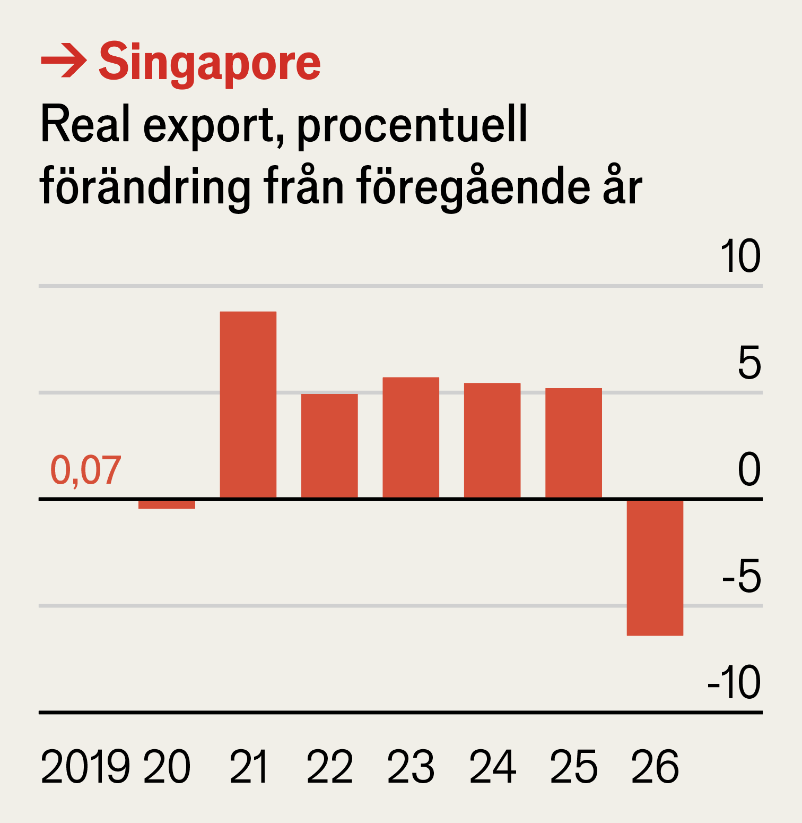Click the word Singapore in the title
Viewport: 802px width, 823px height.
[210, 63]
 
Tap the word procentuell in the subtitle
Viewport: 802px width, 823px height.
[412, 125]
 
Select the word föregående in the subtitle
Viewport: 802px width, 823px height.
[473, 187]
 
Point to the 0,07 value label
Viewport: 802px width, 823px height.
[85, 470]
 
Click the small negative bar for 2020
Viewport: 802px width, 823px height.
[167, 504]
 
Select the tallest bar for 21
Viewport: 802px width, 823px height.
[248, 405]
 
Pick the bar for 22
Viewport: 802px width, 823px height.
[329, 445]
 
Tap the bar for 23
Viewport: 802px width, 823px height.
[411, 438]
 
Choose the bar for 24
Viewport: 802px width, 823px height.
[492, 440]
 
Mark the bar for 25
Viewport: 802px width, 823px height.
[573, 443]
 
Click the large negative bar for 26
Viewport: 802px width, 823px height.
[655, 567]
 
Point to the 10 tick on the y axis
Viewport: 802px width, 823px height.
[740, 256]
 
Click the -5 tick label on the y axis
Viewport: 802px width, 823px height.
[742, 577]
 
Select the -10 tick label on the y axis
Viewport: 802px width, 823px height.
[734, 683]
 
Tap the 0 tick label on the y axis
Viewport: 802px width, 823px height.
[749, 470]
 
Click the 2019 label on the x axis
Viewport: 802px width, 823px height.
[85, 767]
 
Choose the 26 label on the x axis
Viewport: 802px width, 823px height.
[655, 767]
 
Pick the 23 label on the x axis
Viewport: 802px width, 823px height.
[411, 767]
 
